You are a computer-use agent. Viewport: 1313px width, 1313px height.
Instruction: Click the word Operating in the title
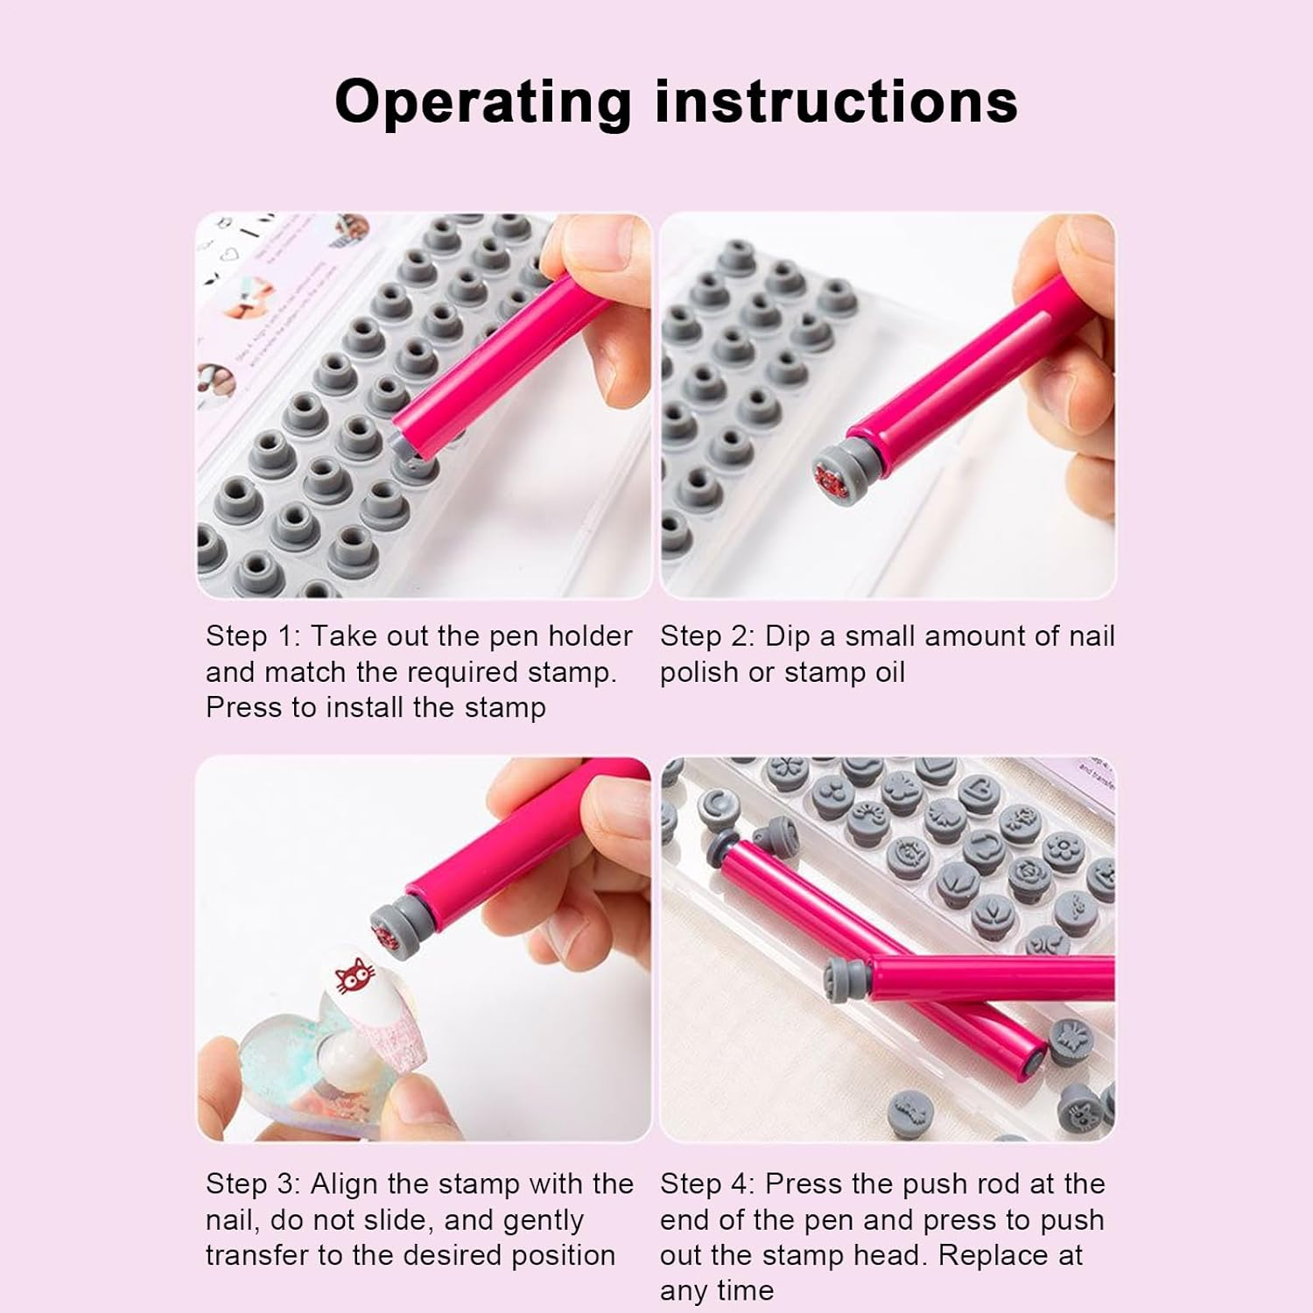pos(482,102)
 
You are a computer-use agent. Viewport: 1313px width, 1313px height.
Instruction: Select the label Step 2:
pos(707,636)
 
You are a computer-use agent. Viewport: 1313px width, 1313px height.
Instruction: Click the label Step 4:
pos(707,1184)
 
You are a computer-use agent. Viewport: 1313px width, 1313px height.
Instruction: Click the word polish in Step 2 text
pos(697,672)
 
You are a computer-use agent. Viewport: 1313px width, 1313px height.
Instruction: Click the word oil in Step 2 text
pos(888,672)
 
